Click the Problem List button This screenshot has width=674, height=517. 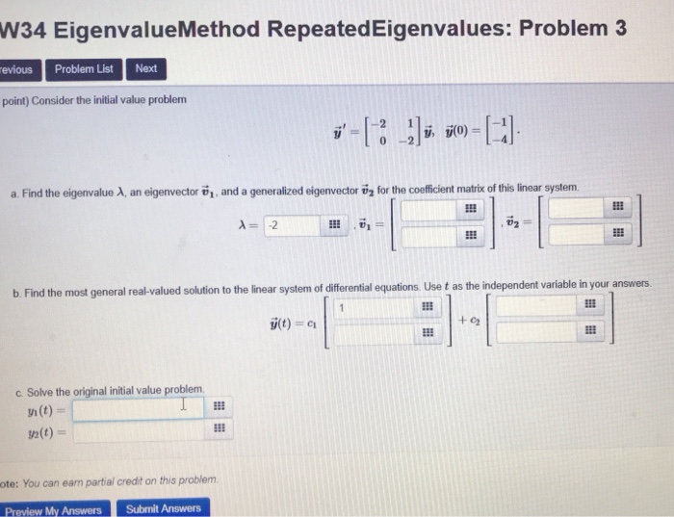tap(84, 69)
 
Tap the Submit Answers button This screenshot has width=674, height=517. tap(164, 508)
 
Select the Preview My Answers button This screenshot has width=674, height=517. tap(53, 509)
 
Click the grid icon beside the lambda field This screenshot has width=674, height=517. tap(335, 226)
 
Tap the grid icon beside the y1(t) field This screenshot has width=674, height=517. tap(219, 408)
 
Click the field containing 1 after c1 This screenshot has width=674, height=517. tap(378, 308)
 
